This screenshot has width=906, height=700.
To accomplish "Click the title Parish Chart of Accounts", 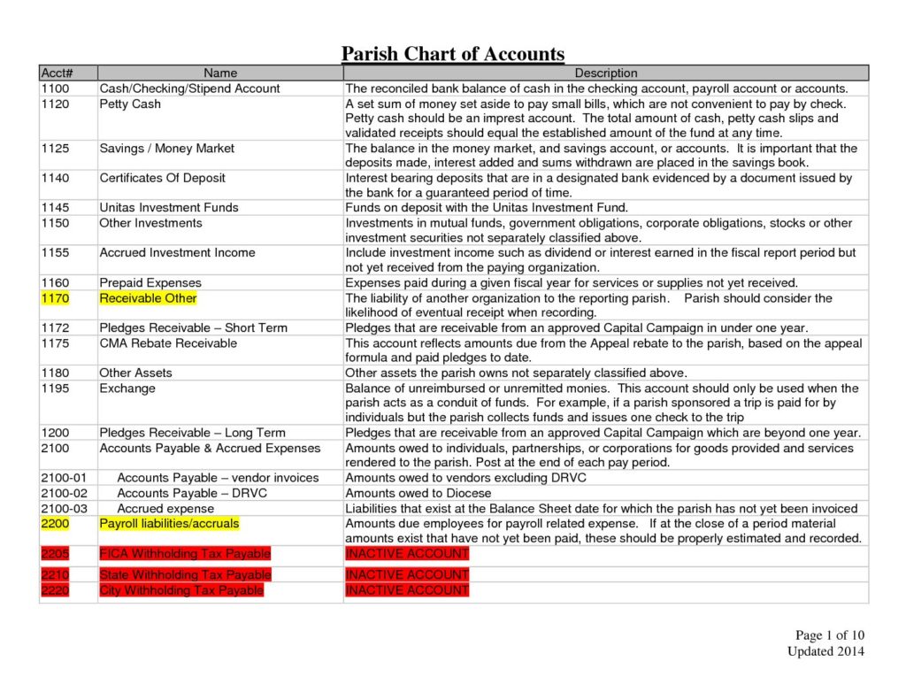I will point(453,54).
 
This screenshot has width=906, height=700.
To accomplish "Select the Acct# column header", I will point(55,73).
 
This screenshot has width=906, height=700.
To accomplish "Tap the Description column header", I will point(606,73).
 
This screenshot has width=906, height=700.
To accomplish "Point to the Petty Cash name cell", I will point(130,104).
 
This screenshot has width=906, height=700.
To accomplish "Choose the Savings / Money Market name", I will point(166,149).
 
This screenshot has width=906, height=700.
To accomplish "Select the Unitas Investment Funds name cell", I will point(169,208).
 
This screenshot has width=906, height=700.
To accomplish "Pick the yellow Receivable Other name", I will point(148,298).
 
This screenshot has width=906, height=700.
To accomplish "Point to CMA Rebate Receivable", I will point(168,342).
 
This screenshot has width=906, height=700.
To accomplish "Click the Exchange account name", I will point(127,388).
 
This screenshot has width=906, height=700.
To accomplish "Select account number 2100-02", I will point(65,493).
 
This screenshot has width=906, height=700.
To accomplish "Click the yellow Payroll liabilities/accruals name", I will point(169,523).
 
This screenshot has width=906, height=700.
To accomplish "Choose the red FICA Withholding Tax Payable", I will point(185,554).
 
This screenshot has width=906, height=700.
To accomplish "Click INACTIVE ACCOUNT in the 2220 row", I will point(406,590).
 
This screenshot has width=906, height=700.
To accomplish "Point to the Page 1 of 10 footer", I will point(829,635).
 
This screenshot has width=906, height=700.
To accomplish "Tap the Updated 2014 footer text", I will point(825,651).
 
